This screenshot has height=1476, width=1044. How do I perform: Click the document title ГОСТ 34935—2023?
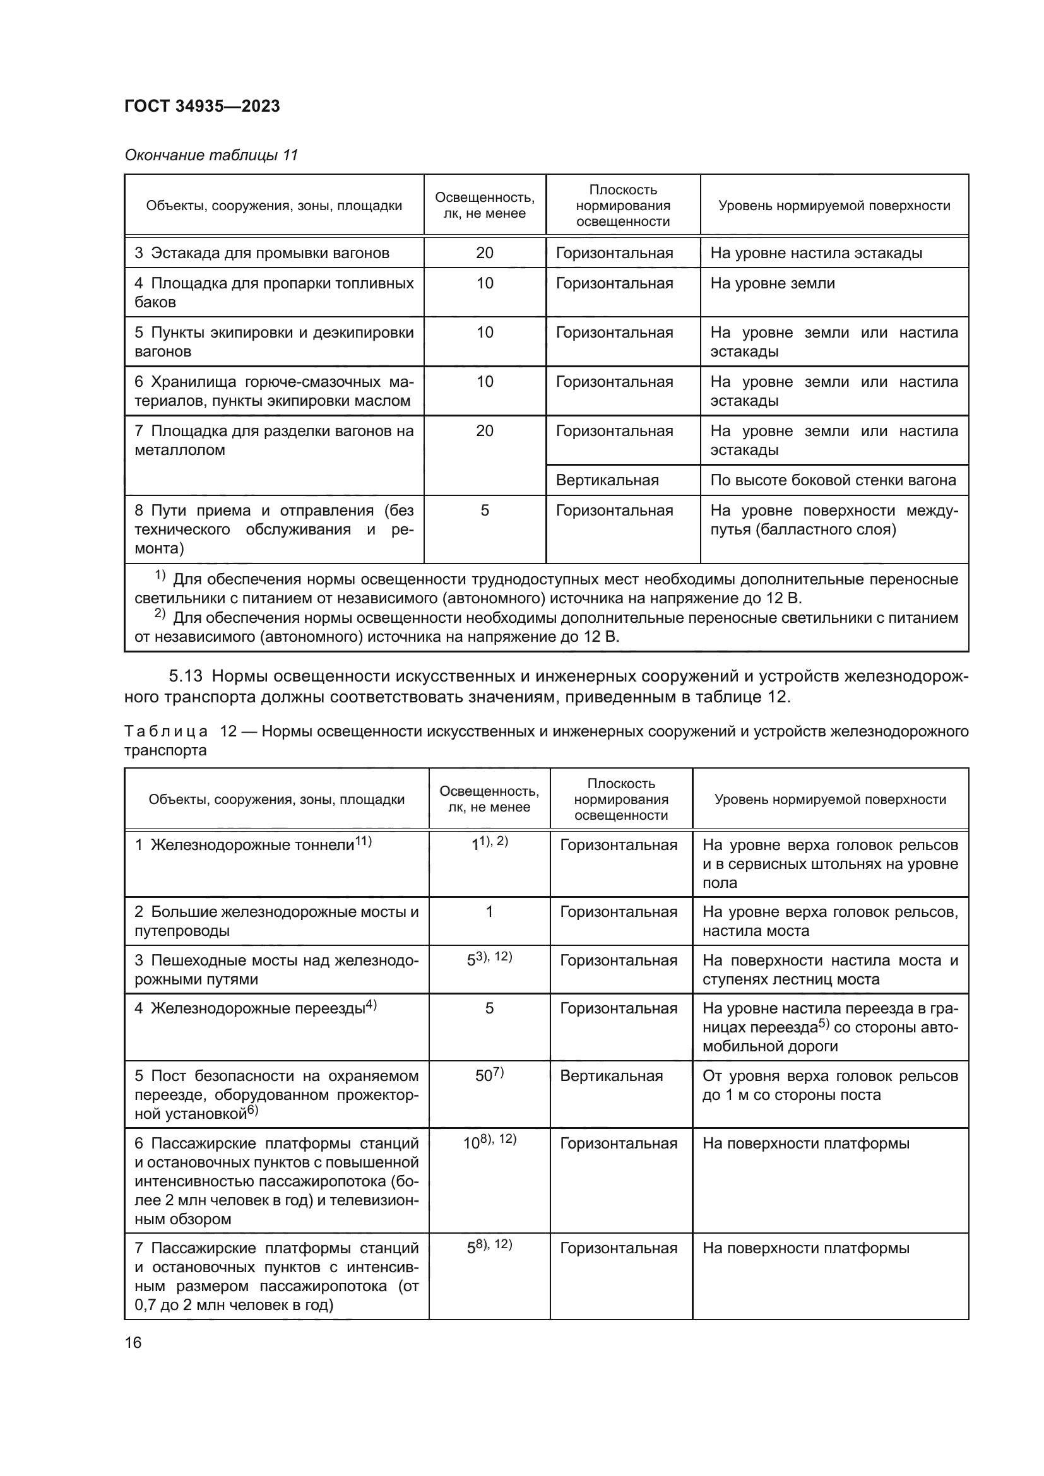tap(202, 106)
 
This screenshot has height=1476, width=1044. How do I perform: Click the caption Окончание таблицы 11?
tap(211, 155)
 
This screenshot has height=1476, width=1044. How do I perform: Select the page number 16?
tap(133, 1342)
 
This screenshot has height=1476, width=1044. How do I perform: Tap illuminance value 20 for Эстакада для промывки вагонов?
tap(484, 252)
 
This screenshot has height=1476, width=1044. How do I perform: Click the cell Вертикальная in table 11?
tap(607, 480)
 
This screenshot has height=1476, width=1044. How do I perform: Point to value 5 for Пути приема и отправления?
tap(484, 511)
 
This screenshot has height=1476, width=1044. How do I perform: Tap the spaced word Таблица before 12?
tap(166, 731)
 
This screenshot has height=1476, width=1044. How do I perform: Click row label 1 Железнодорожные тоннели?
tap(252, 845)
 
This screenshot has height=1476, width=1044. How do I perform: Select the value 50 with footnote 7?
tap(489, 1075)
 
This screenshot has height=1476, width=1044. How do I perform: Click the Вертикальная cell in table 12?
tap(611, 1076)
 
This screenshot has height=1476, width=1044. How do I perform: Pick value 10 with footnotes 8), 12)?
tap(489, 1143)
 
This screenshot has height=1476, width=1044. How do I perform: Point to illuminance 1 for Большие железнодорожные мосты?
tap(489, 912)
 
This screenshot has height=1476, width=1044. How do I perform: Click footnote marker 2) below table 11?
tap(160, 615)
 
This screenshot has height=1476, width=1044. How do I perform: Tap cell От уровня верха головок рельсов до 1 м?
tap(829, 1085)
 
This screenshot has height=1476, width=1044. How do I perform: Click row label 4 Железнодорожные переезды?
tap(254, 1008)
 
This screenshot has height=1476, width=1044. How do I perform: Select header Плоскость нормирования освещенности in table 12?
tap(620, 799)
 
